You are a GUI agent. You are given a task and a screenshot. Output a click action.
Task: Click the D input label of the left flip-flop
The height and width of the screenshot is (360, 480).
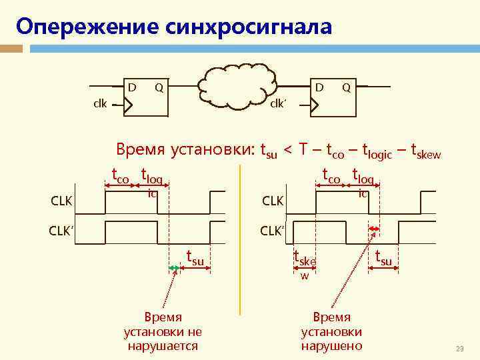132,87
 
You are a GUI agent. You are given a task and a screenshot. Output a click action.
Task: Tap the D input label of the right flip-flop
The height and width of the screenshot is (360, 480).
319,87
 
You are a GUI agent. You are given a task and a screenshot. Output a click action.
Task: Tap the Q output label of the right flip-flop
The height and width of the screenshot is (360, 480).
346,87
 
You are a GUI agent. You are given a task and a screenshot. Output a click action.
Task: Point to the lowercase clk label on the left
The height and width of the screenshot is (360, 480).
100,104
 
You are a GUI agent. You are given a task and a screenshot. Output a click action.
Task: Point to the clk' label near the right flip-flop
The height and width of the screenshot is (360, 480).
278,104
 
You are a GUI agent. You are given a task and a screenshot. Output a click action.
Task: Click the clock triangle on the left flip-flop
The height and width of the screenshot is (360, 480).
129,105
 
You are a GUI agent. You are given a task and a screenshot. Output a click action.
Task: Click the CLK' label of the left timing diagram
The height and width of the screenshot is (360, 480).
61,232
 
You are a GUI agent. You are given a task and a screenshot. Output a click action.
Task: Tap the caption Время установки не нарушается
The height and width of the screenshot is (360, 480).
163,331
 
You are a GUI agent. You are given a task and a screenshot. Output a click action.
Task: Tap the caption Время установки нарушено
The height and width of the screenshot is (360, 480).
331,331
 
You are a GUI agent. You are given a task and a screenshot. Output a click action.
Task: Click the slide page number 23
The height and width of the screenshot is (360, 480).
459,349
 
